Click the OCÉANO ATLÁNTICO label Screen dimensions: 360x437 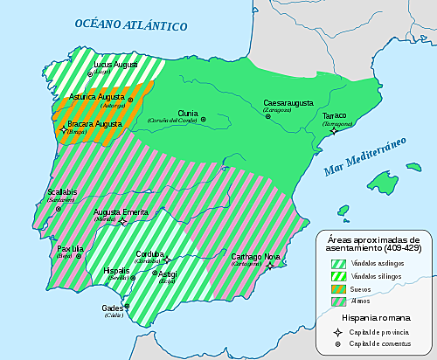[x=131, y=24]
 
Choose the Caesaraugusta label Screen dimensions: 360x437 [x=293, y=103]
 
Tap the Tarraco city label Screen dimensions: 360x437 [x=336, y=116]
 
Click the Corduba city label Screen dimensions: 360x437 [x=151, y=255]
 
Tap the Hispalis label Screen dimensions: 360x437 [x=116, y=271]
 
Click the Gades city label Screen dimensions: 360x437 [x=113, y=308]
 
